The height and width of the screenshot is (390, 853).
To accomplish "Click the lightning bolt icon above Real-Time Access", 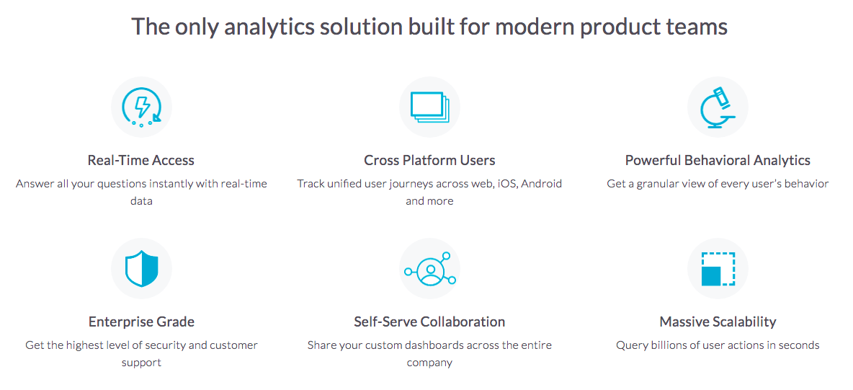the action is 141,107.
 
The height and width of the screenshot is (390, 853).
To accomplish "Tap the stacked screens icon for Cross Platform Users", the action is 430,107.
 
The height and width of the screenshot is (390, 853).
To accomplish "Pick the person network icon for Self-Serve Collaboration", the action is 430,269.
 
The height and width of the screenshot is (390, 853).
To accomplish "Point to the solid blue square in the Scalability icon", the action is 711,276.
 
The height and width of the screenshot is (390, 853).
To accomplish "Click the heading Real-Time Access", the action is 141,160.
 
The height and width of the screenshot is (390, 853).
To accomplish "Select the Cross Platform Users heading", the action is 430,160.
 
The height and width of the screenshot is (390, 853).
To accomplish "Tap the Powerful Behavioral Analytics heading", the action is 718,160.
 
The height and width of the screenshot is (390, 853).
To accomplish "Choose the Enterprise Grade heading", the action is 141,322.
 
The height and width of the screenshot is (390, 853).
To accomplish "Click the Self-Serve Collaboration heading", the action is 430,322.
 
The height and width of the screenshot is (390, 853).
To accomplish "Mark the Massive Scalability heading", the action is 718,322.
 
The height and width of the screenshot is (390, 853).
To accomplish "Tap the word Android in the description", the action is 541,184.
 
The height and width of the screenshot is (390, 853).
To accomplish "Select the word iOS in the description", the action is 505,184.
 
